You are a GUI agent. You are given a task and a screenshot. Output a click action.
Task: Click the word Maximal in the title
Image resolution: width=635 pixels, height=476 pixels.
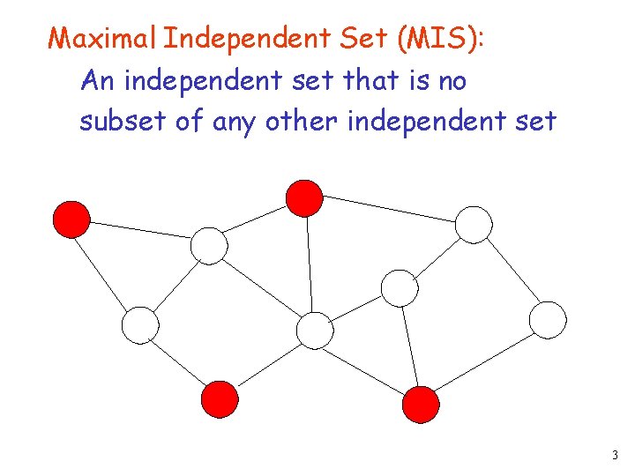102,39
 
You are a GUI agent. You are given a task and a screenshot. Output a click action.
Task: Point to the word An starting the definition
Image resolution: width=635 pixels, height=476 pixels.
98,81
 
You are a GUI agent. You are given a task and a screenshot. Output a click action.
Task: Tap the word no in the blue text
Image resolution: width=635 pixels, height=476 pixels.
452,81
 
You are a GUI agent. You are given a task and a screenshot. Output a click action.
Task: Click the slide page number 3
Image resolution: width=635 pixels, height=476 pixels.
614,456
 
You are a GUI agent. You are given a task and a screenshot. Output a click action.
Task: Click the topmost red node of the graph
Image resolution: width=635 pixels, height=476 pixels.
305,197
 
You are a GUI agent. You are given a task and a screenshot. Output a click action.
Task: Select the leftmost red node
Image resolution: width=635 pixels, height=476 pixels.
71,219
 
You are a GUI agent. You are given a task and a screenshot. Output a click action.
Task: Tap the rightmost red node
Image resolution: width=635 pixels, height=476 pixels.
421,405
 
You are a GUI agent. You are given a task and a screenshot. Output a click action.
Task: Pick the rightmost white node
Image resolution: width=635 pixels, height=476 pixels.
548,319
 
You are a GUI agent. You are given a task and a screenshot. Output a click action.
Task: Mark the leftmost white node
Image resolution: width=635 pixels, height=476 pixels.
140,325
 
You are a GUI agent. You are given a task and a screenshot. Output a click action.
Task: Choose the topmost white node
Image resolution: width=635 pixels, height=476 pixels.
474,224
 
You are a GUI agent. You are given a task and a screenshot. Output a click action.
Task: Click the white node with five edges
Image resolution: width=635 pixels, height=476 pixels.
315,331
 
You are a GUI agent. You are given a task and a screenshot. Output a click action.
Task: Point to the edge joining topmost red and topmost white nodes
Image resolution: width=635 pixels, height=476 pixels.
389,211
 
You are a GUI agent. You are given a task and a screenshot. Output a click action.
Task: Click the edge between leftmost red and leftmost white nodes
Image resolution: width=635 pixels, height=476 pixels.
105,271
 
